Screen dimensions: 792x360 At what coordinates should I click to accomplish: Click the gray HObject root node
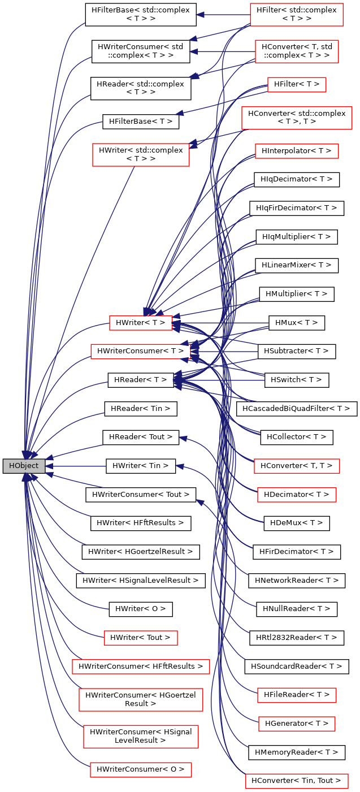point(24,466)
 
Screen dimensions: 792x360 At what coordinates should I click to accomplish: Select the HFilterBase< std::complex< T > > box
point(141,15)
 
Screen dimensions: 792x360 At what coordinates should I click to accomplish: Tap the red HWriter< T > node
point(140,323)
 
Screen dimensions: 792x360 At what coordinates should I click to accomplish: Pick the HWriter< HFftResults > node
point(141,523)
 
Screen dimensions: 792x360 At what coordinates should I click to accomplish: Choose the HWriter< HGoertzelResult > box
point(141,551)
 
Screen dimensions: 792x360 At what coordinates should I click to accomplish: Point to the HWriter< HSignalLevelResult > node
point(141,580)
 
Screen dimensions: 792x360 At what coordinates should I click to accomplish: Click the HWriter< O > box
point(141,609)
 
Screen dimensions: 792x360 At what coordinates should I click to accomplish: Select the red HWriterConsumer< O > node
point(141,769)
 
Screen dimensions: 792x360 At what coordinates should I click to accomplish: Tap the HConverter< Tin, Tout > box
point(296,781)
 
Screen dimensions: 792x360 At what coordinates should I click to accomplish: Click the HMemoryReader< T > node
point(296,752)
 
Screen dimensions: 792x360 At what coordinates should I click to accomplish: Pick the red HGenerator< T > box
point(296,723)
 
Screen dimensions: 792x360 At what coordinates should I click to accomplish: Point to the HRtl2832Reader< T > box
point(296,637)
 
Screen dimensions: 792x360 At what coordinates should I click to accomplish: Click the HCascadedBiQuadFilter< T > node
point(296,408)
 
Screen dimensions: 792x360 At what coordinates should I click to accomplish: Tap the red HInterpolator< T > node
point(296,151)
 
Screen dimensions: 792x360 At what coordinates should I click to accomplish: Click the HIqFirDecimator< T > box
point(296,208)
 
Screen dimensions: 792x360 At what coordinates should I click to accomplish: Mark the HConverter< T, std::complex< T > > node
point(296,51)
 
